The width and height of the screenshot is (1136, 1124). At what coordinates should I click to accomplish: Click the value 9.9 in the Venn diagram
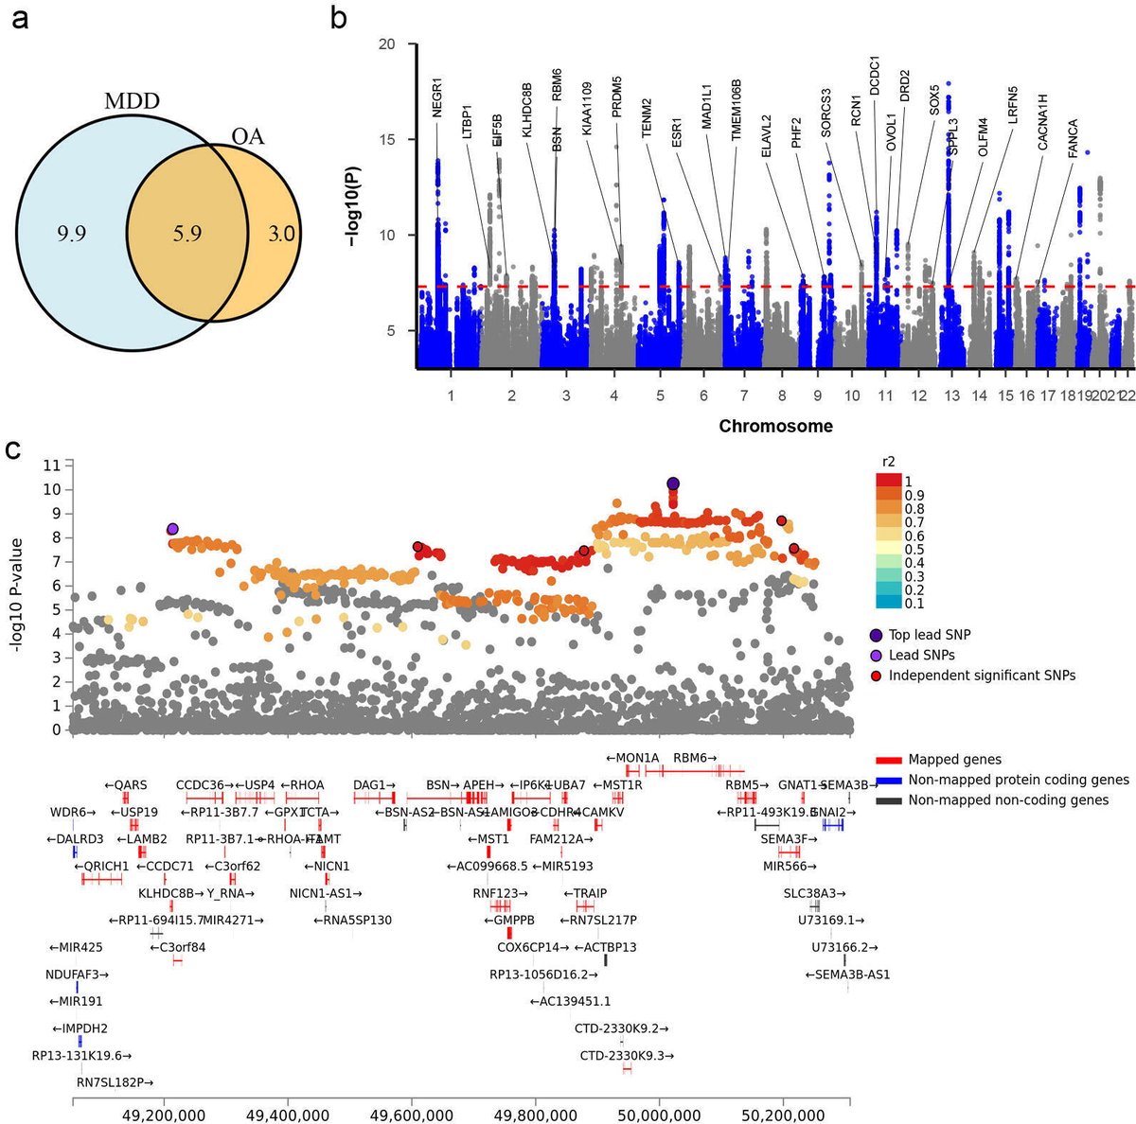coord(71,233)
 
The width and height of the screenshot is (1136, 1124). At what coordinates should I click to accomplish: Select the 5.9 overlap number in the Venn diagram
coord(186,233)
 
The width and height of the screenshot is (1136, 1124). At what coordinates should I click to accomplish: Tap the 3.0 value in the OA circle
coord(281,233)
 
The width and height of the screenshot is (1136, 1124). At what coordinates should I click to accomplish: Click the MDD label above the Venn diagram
coord(131,102)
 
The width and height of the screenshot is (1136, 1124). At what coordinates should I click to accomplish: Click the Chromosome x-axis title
coord(775,426)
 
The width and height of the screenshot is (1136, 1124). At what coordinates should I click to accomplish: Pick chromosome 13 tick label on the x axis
coord(950,395)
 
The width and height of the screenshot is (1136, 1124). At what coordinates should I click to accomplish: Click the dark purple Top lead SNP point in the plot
coord(673,483)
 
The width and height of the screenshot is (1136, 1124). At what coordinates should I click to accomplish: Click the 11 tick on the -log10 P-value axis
coord(52,465)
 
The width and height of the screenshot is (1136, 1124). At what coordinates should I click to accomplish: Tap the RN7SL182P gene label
coord(115,1081)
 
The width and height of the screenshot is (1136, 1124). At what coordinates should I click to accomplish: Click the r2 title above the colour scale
coord(889,463)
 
